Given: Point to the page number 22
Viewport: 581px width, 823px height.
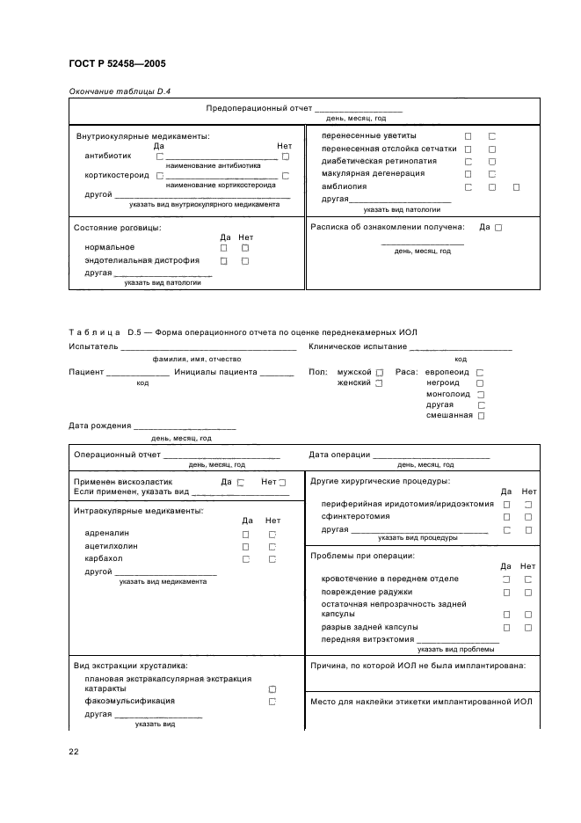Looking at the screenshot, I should (x=74, y=751).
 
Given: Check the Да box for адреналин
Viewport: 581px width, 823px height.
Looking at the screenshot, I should (x=246, y=534).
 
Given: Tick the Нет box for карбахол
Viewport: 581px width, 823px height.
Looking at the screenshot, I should (x=272, y=558).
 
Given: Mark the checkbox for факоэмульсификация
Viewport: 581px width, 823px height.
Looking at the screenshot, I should (x=272, y=702).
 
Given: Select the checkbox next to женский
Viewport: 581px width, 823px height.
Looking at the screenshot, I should (x=379, y=383).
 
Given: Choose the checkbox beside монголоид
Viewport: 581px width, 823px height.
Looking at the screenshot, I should (x=480, y=394).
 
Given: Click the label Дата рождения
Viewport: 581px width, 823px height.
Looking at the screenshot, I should (x=99, y=426).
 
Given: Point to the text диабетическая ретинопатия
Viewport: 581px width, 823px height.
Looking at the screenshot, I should (x=373, y=161).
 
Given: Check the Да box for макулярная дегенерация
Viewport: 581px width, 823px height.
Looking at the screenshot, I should (x=468, y=174).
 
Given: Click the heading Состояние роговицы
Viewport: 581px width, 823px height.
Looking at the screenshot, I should (x=117, y=228).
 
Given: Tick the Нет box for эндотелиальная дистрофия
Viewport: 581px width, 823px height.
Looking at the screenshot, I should (x=245, y=261).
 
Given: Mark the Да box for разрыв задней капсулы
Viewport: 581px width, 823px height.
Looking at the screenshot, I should (x=506, y=627).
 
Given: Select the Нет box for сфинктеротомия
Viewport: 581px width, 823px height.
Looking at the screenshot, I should (x=528, y=517).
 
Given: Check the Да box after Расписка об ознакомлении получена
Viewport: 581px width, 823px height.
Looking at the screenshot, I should (x=498, y=228).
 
